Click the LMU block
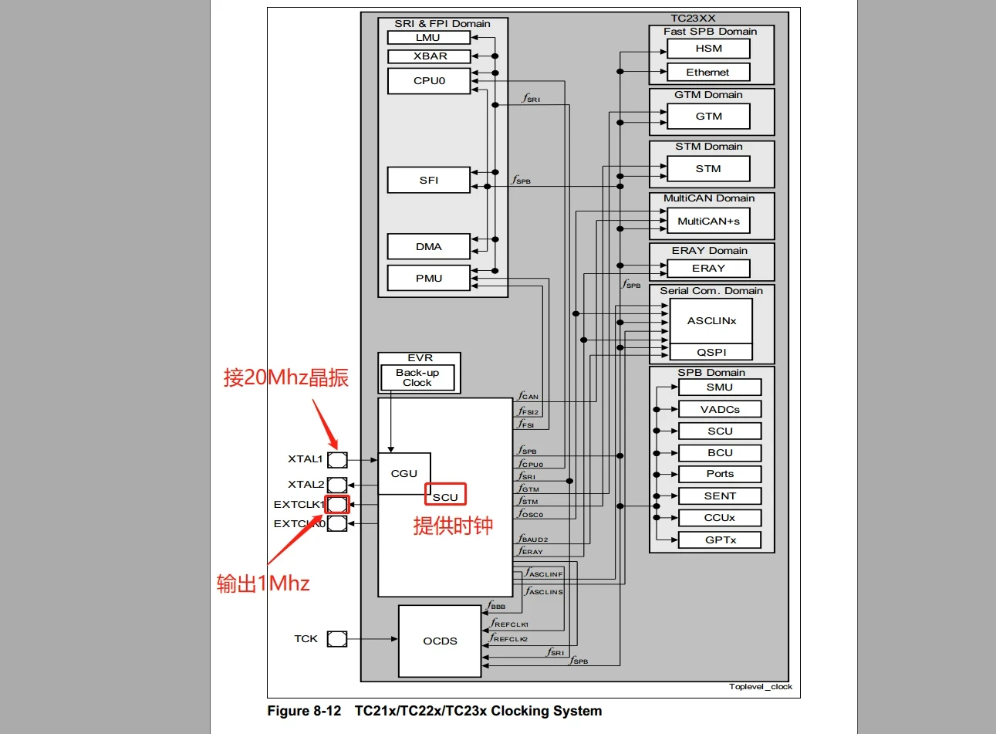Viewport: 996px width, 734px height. click(x=428, y=37)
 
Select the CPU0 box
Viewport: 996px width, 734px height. click(x=428, y=81)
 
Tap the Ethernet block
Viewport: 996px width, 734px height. click(x=707, y=72)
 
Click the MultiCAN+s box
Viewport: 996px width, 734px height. click(x=707, y=221)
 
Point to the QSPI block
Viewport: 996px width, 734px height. click(x=711, y=352)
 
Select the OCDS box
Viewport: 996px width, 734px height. click(x=440, y=641)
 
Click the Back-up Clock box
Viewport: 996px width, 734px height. click(x=417, y=377)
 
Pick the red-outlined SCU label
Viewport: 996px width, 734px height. click(x=445, y=496)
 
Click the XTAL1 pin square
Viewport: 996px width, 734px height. click(x=337, y=460)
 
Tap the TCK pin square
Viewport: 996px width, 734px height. click(x=337, y=639)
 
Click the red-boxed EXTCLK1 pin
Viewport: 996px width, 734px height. click(x=337, y=505)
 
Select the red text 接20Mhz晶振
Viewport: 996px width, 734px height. click(x=286, y=377)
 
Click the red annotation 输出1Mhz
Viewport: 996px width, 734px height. click(x=263, y=583)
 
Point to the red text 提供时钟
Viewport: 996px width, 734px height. click(x=453, y=526)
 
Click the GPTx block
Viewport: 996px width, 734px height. click(x=720, y=540)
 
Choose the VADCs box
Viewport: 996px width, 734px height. click(x=720, y=409)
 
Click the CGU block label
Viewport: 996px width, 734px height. click(x=403, y=473)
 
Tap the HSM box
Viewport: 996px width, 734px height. click(x=708, y=48)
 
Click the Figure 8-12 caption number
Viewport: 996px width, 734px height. click(x=304, y=711)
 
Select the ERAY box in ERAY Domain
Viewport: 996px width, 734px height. click(x=708, y=268)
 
